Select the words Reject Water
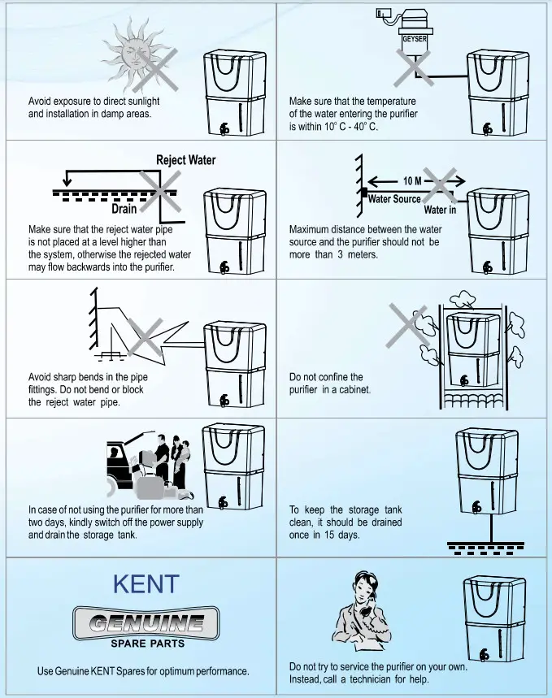(x=186, y=159)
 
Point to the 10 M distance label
(x=413, y=180)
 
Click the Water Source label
(x=395, y=199)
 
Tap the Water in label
(x=440, y=210)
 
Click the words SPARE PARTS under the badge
(x=146, y=644)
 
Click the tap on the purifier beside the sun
(x=224, y=129)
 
